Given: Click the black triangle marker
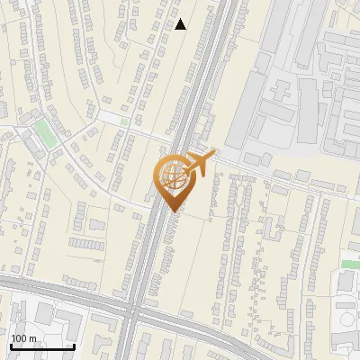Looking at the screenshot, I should tap(181, 24).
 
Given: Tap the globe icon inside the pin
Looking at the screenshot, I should tap(173, 177).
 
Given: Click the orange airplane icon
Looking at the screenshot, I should tap(200, 163).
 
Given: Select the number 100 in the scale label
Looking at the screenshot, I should tap(18, 337).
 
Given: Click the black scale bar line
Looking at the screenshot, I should tap(41, 346).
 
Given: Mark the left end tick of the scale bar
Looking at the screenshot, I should tap(11, 345).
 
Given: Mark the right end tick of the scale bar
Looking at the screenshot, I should tap(73, 345).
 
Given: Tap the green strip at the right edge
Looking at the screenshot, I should tap(350, 264).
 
